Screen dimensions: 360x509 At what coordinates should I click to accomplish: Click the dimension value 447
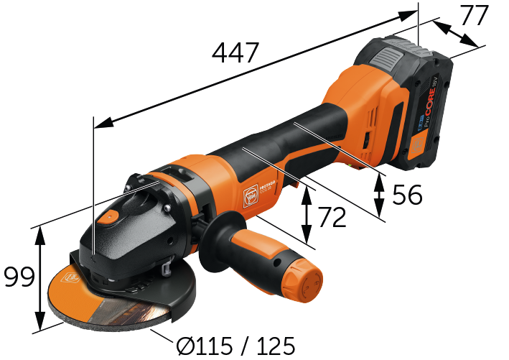click(235, 53)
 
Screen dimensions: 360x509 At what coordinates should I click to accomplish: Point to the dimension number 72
click(332, 216)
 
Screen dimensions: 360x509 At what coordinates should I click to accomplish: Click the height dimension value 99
click(19, 277)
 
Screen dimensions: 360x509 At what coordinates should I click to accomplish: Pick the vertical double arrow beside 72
click(307, 213)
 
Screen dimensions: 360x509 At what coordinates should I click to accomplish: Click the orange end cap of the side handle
click(302, 272)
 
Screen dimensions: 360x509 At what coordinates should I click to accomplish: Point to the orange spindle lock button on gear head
click(110, 218)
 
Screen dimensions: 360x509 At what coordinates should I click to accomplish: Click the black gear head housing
click(136, 237)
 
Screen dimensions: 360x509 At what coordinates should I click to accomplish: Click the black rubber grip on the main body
click(287, 137)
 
